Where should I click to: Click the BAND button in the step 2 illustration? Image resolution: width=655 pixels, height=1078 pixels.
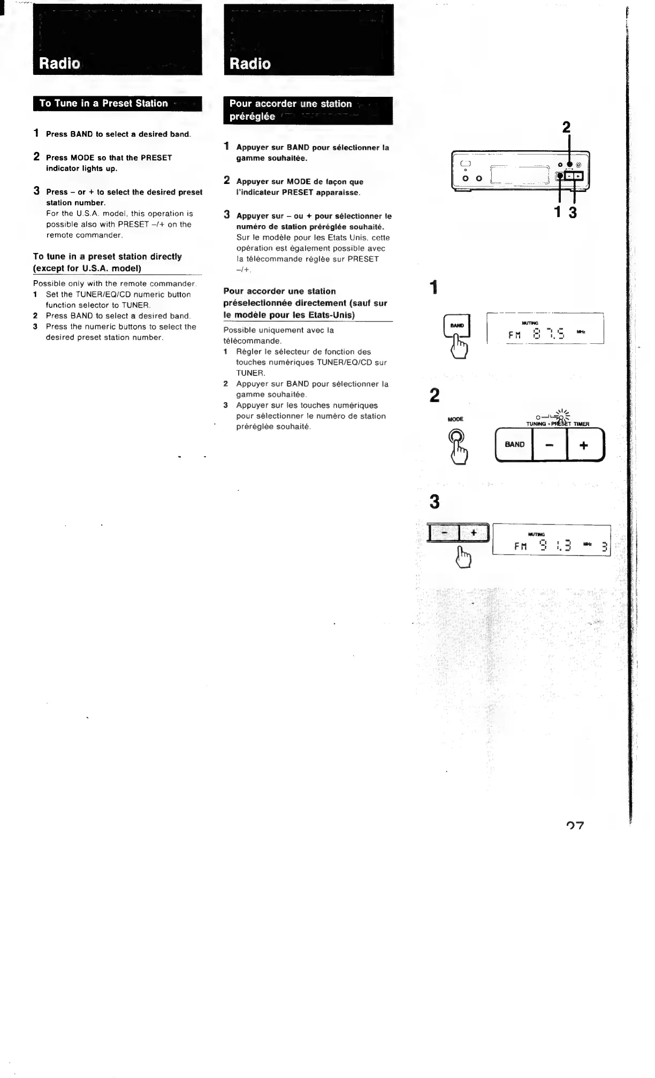click(514, 444)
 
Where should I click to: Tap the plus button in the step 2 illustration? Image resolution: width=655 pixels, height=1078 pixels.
click(584, 445)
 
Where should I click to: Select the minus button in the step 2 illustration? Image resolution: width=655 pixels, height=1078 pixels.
click(549, 445)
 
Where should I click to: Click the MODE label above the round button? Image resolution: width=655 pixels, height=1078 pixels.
click(455, 419)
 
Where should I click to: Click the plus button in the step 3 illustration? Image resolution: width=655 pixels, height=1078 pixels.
click(474, 532)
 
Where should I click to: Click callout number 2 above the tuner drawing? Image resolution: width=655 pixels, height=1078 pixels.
click(566, 127)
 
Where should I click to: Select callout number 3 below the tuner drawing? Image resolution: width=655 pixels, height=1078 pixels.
click(573, 212)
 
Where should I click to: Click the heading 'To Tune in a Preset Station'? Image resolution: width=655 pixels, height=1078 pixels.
click(104, 103)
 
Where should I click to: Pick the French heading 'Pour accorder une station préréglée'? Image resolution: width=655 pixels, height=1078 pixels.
click(291, 110)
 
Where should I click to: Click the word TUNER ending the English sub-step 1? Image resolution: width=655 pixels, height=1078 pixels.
click(135, 305)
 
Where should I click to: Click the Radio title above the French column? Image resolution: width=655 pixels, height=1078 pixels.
click(250, 64)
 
